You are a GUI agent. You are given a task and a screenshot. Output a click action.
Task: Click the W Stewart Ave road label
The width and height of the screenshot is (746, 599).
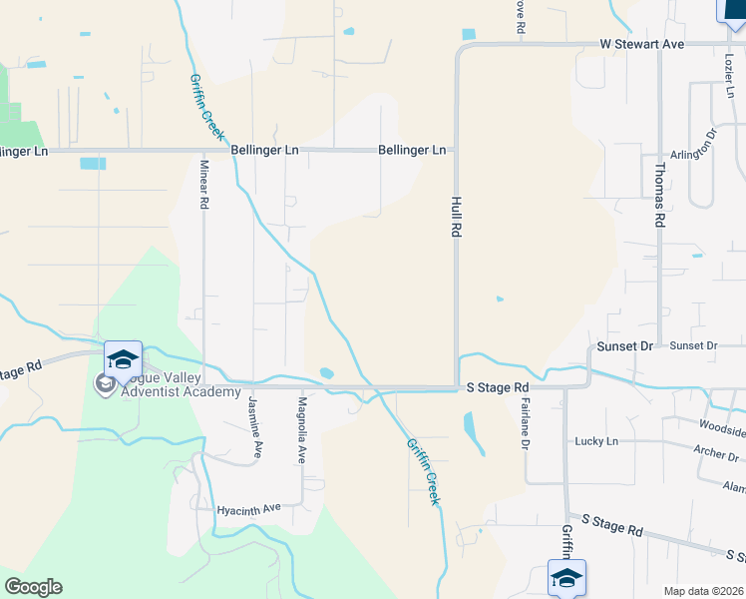[x=641, y=45]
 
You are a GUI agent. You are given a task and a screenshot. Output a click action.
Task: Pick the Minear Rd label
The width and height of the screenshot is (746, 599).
[x=204, y=185]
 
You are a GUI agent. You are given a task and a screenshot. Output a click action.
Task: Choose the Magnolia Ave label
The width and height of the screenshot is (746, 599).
[x=301, y=429]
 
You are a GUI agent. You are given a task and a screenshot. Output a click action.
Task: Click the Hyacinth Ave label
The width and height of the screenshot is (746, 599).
[x=250, y=510]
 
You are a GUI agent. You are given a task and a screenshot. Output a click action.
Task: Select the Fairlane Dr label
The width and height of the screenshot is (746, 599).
[x=524, y=423]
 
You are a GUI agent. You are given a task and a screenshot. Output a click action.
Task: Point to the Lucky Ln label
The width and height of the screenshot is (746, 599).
[x=596, y=441]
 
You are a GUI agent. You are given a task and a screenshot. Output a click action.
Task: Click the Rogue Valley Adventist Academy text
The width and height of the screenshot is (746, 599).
[x=159, y=384]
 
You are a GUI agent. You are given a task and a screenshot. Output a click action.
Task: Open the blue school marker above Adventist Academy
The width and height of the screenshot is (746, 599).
[x=123, y=359]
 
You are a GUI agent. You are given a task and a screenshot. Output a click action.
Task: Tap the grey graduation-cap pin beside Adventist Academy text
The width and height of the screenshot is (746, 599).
[x=104, y=383]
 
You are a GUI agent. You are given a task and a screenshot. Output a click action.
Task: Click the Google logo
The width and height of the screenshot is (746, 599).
[x=33, y=587]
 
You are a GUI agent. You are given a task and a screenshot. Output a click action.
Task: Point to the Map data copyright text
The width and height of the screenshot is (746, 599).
[x=702, y=591]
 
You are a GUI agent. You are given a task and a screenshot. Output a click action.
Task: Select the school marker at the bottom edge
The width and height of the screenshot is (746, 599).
[x=566, y=578]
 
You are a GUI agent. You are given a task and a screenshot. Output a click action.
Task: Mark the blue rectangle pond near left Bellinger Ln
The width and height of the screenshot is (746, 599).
[x=93, y=163]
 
